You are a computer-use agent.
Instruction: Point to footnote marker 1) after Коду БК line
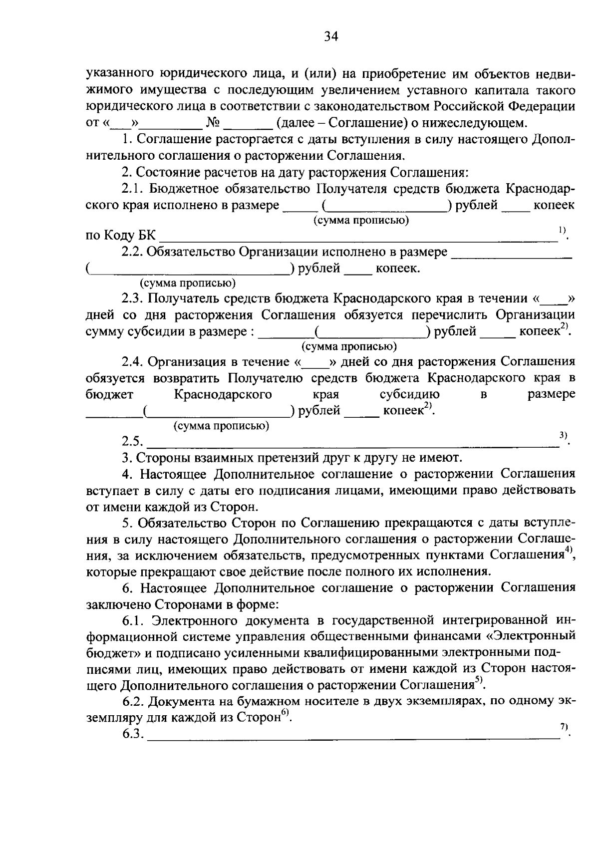coord(562,230)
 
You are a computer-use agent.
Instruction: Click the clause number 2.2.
coord(132,253)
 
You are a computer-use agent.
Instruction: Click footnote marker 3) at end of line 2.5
coord(563,435)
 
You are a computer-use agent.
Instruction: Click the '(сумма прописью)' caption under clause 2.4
coord(221,426)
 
